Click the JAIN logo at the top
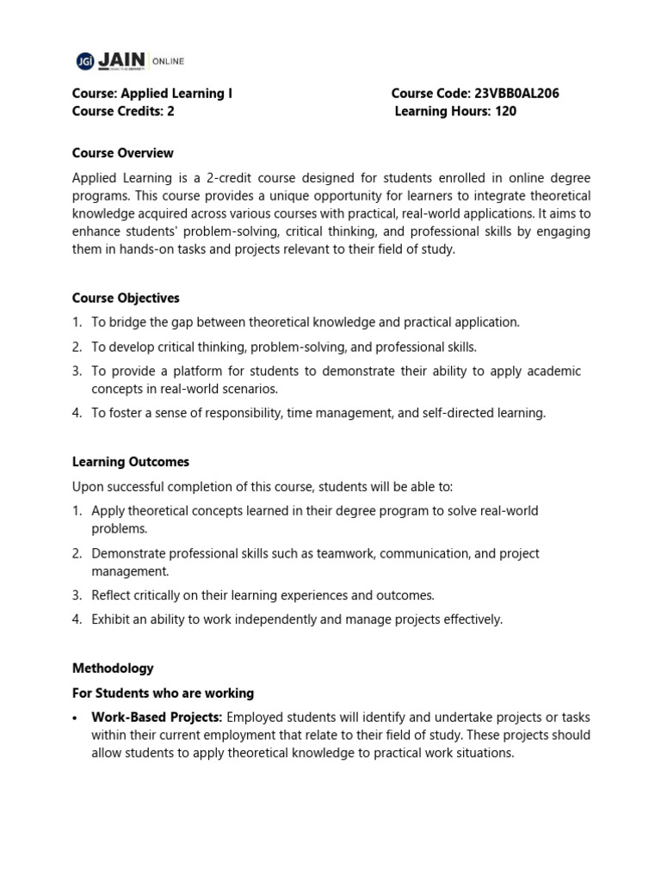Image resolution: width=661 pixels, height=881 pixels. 112,60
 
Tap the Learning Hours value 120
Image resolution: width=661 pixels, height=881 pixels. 505,111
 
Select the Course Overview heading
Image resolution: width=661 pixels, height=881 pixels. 123,153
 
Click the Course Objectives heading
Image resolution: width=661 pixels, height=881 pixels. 126,298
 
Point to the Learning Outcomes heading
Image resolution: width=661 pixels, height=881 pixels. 131,462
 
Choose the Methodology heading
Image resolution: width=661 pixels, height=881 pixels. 113,668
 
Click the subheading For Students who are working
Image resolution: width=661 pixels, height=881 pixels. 163,693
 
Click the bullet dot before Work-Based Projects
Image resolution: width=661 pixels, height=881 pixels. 77,718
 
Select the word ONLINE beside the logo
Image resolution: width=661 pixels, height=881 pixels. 169,61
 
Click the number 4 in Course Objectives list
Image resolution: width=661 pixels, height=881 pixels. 77,413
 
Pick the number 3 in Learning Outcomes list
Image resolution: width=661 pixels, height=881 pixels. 77,595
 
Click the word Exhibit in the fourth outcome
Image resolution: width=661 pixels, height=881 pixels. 111,619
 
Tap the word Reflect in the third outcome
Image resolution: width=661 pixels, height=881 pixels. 112,595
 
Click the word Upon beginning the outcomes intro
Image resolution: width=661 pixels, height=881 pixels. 88,486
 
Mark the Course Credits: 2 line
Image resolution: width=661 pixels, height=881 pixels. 123,111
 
